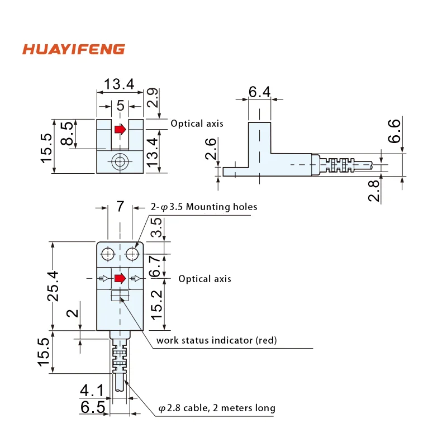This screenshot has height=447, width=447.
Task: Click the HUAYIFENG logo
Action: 73,49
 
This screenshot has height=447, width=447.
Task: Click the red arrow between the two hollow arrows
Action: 120,278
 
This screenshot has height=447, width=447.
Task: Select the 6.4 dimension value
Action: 259,92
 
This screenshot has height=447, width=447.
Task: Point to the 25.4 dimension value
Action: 53,285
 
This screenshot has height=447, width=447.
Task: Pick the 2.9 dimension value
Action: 152,98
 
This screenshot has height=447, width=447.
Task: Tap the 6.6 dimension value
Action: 394,131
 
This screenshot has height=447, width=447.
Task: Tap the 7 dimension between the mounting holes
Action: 120,206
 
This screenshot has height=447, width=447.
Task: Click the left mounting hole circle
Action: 107,254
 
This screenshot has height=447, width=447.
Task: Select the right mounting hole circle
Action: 132,254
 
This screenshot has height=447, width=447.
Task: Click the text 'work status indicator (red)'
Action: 216,340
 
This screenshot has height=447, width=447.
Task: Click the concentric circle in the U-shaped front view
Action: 119,162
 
